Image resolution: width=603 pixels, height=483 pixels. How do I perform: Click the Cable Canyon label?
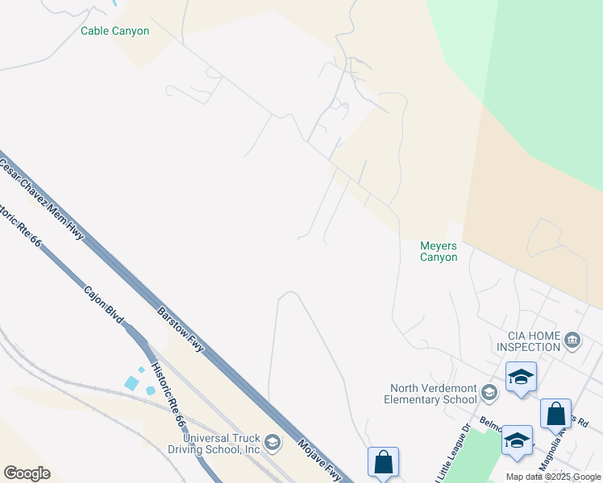tap(114, 31)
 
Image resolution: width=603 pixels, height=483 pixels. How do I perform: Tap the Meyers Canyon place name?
tap(439, 252)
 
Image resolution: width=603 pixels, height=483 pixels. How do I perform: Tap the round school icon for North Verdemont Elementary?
tap(489, 393)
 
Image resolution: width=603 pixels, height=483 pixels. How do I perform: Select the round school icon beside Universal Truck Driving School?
tap(273, 441)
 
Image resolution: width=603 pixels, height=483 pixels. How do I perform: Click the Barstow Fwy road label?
tap(181, 329)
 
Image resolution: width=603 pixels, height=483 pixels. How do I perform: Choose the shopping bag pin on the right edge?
tap(555, 414)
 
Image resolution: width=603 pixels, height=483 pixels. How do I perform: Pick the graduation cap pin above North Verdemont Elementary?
tap(521, 377)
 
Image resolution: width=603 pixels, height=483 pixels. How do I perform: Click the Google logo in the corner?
tap(27, 473)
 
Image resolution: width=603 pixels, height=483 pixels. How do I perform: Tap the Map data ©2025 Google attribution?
tap(554, 477)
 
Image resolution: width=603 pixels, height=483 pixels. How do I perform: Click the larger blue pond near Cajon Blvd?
tap(131, 383)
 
